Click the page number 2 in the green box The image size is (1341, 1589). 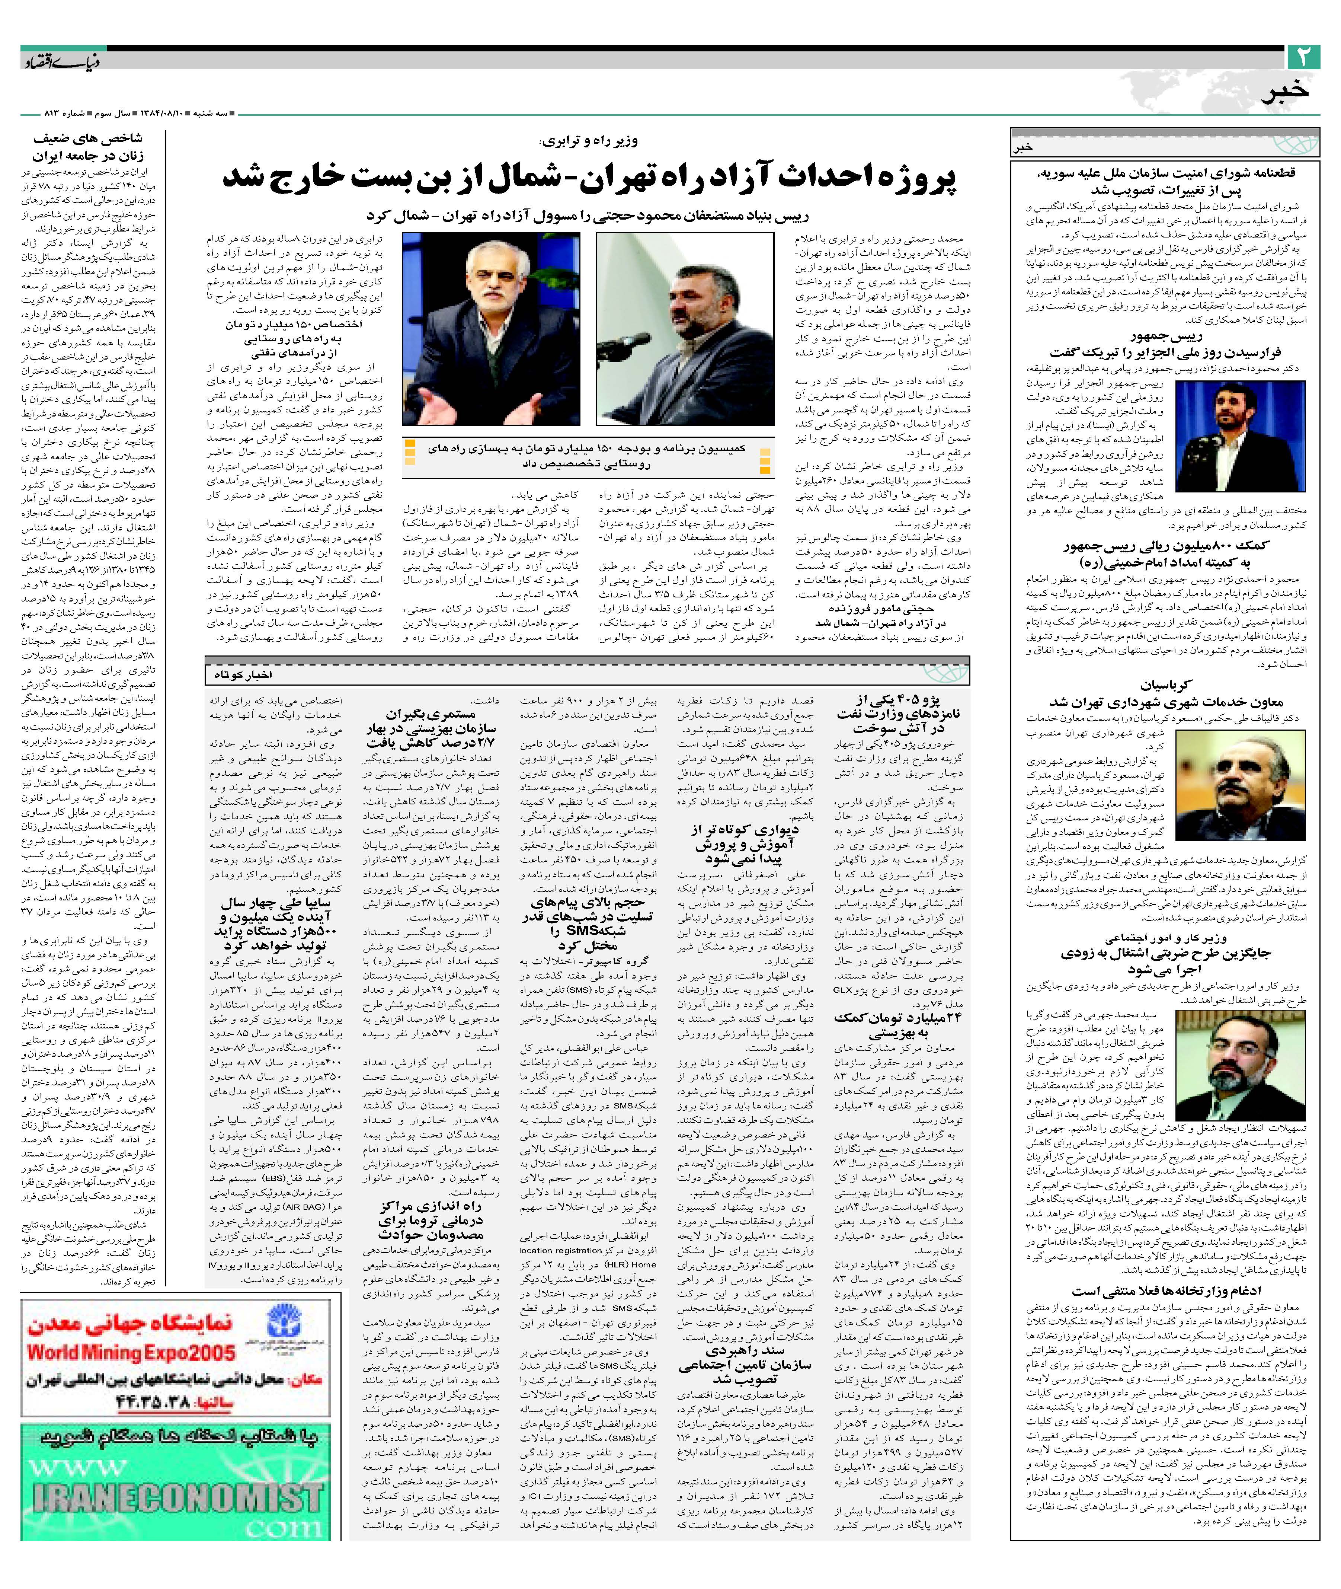1305,58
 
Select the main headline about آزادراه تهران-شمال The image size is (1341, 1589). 589,178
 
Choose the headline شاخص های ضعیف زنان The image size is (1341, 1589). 87,147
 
